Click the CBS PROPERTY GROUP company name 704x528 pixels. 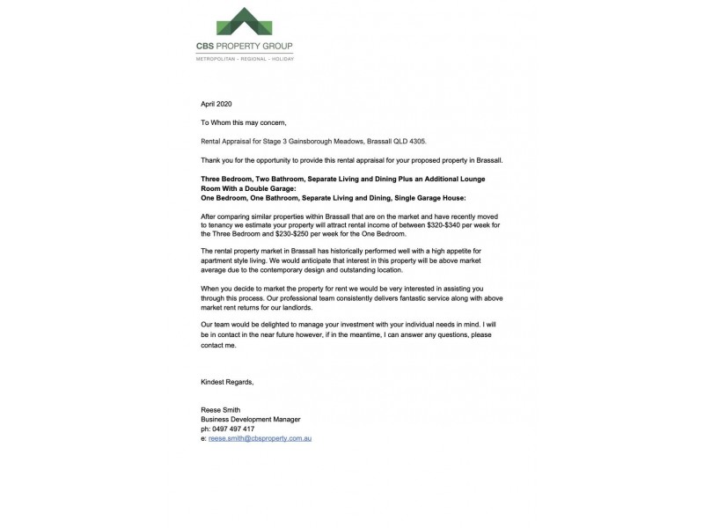tap(245, 46)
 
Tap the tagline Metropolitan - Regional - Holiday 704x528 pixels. tap(245, 59)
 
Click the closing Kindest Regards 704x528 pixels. tap(227, 382)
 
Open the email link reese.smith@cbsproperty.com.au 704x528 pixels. tap(261, 437)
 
